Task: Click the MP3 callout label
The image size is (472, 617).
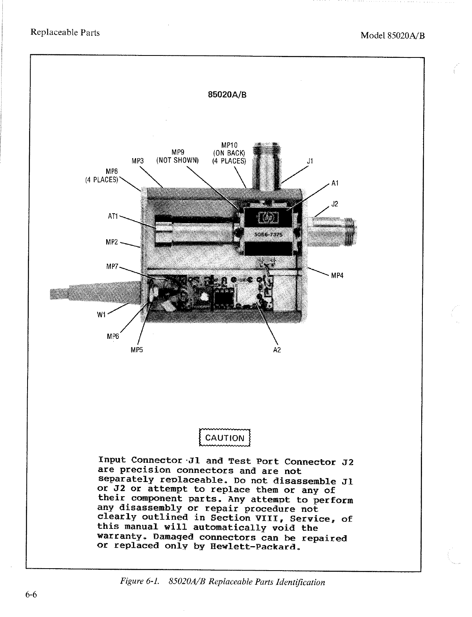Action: [138, 161]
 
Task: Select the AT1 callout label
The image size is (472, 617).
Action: [113, 216]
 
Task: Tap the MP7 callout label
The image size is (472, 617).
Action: [112, 267]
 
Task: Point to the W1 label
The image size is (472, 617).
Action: [102, 314]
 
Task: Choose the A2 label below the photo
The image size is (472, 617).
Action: [277, 350]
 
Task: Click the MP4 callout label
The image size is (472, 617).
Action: [337, 275]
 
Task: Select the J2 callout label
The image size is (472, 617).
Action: [335, 204]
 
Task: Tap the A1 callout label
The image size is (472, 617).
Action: [335, 183]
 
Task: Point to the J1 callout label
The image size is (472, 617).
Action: [310, 161]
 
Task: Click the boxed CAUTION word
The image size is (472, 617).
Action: [225, 438]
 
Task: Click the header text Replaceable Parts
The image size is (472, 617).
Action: [65, 32]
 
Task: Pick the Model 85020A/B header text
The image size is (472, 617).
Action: [393, 35]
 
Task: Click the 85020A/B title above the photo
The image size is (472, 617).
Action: [227, 94]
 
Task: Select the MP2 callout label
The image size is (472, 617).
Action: [112, 242]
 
